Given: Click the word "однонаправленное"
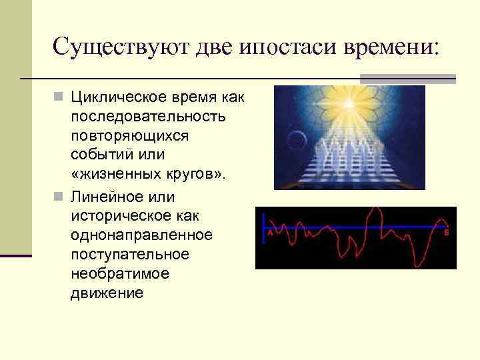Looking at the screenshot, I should coord(141,235).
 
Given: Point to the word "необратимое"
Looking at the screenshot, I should coord(119,274).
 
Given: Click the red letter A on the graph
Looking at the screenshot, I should coord(270,234).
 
